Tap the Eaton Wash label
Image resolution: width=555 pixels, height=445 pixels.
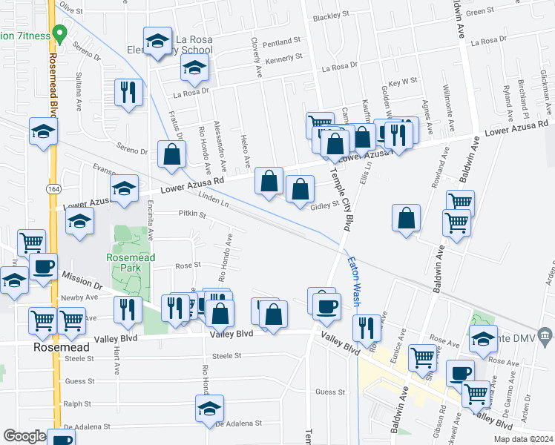(355, 282)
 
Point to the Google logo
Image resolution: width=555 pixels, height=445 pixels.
(24, 436)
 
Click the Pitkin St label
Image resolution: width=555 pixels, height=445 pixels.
(191, 214)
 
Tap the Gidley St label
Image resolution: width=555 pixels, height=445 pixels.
(324, 205)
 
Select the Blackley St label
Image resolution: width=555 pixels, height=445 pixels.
(331, 16)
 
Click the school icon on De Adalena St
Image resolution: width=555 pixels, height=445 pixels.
(209, 408)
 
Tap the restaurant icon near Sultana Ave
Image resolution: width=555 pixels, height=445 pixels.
(128, 93)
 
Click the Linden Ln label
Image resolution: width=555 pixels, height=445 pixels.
(214, 200)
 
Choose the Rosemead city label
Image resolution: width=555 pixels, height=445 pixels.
(61, 347)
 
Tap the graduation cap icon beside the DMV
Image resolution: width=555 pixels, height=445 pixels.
(483, 338)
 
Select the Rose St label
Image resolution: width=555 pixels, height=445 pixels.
(188, 265)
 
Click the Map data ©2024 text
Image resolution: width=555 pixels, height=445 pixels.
(522, 439)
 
